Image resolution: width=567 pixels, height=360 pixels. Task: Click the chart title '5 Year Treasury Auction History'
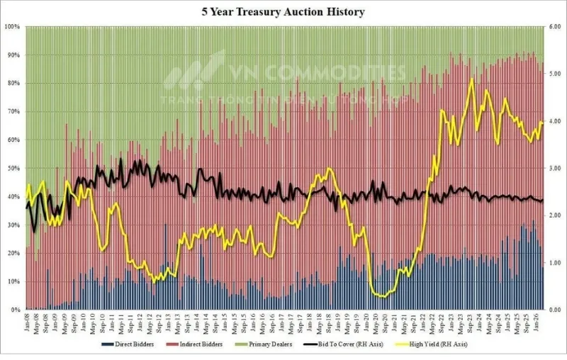point(283,12)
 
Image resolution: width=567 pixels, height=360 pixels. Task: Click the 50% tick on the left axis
point(13,169)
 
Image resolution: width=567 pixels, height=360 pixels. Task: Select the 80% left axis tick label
point(13,84)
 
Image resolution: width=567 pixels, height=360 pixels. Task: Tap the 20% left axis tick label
point(13,254)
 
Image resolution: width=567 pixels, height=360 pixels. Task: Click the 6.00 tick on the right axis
point(555,27)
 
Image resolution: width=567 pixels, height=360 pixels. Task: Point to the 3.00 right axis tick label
point(555,169)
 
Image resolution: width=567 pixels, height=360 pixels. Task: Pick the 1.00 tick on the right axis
point(555,263)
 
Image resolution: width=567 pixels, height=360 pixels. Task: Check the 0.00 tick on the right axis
point(555,310)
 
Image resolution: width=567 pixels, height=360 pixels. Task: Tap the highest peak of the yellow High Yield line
point(472,79)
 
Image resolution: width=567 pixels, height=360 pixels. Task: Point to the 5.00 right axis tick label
point(555,74)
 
